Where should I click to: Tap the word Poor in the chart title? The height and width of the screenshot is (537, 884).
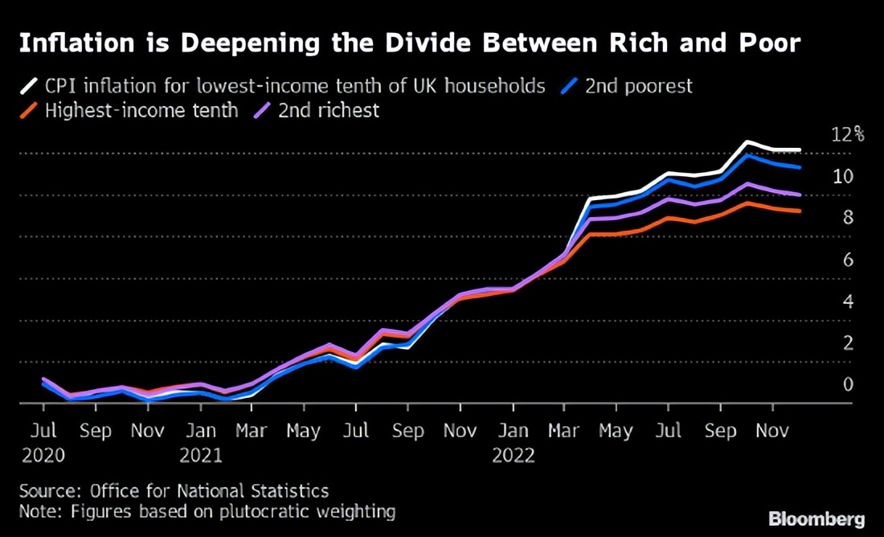(767, 43)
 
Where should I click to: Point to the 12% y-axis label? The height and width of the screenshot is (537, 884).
(847, 134)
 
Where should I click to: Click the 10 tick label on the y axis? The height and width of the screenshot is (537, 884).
(843, 176)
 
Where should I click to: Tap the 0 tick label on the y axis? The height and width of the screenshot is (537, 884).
(848, 384)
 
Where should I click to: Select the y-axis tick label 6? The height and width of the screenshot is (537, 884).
(848, 260)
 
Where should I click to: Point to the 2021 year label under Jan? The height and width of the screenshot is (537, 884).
(201, 455)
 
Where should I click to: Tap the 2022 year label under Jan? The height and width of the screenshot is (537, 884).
(514, 455)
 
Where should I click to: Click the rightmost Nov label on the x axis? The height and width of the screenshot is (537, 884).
(773, 431)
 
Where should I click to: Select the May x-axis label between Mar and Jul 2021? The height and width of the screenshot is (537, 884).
(304, 431)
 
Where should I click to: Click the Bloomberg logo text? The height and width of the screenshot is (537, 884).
(816, 519)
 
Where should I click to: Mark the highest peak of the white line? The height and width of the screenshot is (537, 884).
(747, 142)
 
